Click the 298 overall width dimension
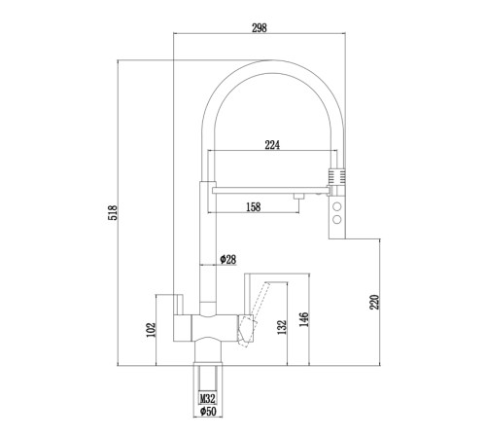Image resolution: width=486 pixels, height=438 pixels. pyautogui.click(x=260, y=28)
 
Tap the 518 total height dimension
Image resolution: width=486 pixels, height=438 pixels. pyautogui.click(x=113, y=212)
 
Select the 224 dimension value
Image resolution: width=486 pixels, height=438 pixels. pyautogui.click(x=272, y=145)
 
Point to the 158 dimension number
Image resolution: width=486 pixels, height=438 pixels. pyautogui.click(x=253, y=206)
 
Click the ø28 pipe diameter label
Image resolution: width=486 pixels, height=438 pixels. pyautogui.click(x=228, y=259)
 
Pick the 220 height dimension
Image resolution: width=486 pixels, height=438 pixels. pyautogui.click(x=374, y=302)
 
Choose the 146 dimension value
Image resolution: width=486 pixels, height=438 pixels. pyautogui.click(x=304, y=319)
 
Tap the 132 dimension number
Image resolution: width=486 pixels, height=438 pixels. pyautogui.click(x=282, y=327)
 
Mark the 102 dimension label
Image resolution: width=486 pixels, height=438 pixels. pyautogui.click(x=152, y=330)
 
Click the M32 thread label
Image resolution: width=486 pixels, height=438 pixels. pyautogui.click(x=207, y=398)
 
